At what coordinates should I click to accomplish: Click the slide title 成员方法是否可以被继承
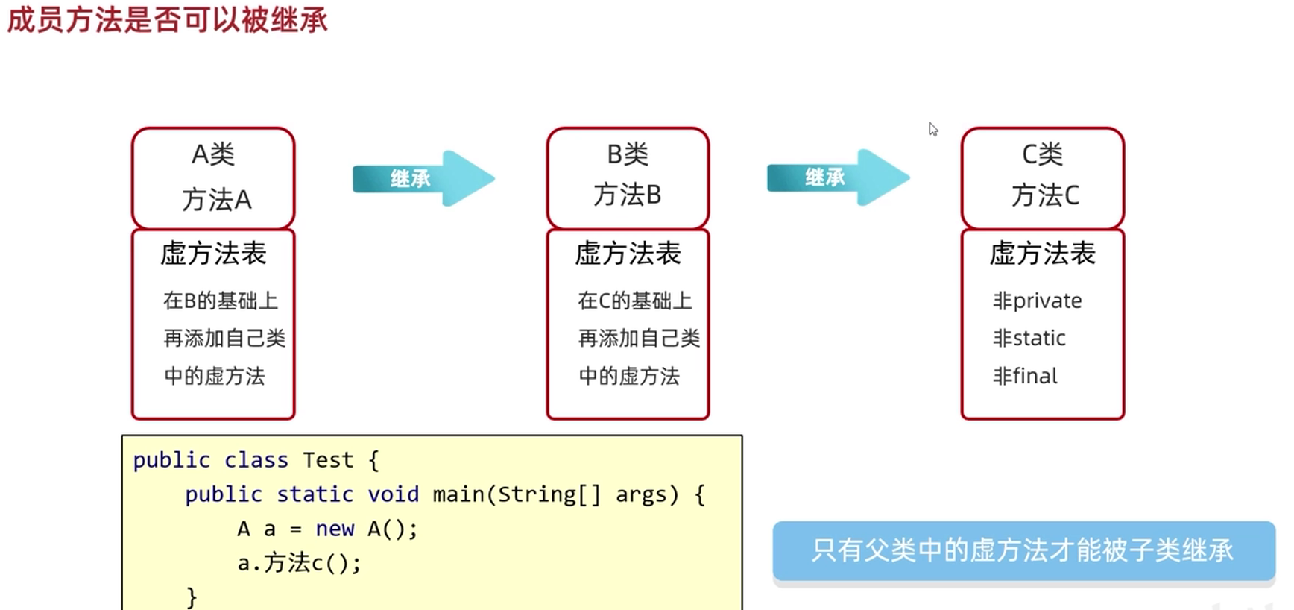coord(167,20)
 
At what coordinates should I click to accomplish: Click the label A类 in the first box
coord(213,154)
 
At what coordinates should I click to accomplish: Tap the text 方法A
coord(216,200)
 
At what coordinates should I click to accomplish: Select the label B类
coord(628,154)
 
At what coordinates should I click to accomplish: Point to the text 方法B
coord(628,195)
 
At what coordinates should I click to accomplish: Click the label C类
coord(1042,154)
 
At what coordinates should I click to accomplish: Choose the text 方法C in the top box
coord(1045,195)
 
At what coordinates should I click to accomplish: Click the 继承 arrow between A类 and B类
coord(423,178)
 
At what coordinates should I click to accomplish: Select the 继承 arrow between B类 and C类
coord(837,177)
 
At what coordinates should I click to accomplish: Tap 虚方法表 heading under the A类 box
coord(213,254)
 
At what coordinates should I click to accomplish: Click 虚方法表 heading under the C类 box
coord(1042,254)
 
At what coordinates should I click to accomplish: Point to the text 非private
coord(1037,301)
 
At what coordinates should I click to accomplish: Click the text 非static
coord(1029,338)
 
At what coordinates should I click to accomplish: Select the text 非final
coord(1025,376)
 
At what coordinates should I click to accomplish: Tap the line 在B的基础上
coord(221,301)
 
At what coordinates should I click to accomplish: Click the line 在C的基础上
coord(635,301)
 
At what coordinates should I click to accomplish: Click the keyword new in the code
coord(335,529)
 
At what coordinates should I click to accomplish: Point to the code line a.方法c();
coord(299,563)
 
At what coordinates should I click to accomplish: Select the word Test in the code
coord(328,460)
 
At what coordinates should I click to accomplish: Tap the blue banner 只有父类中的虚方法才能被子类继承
coord(1023,550)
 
